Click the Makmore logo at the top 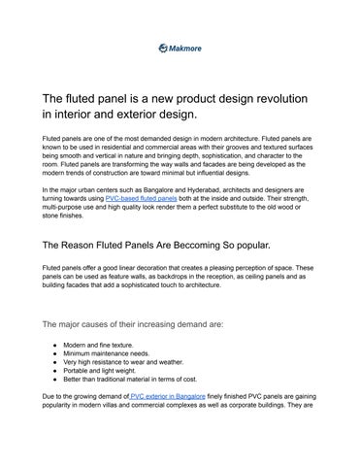180,47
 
